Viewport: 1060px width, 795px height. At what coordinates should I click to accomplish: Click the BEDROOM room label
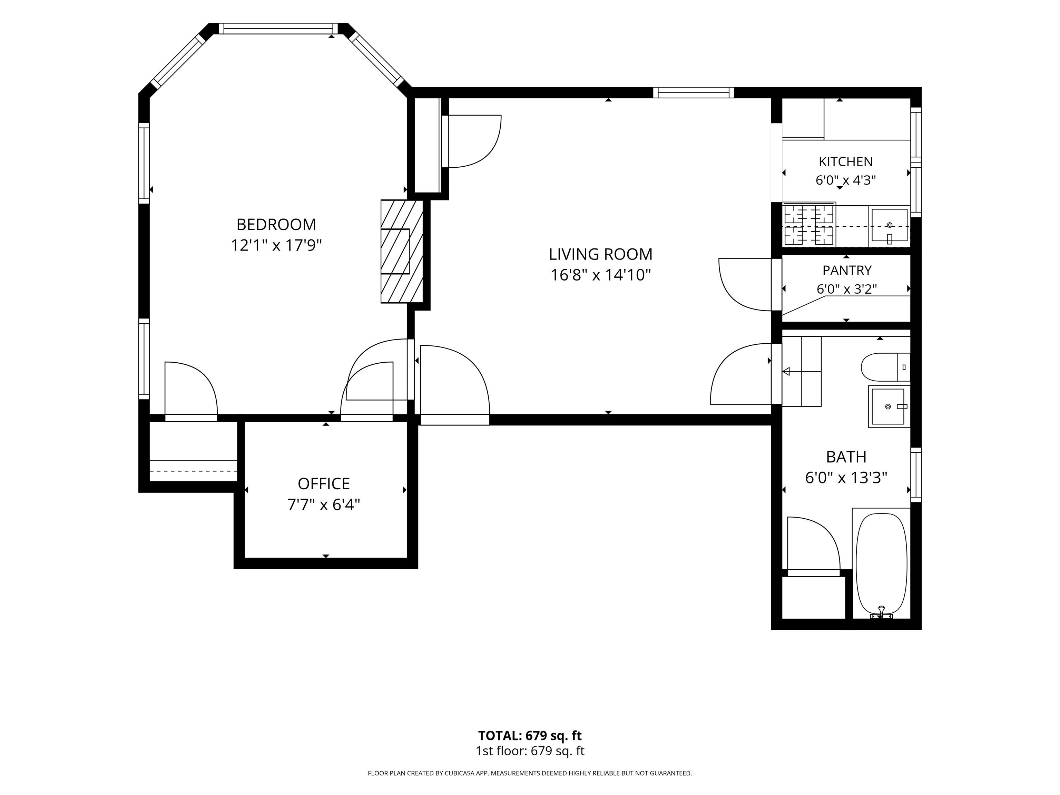[276, 224]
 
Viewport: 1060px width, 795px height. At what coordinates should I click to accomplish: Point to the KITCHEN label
[845, 161]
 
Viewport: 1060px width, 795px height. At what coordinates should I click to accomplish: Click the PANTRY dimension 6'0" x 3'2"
[847, 289]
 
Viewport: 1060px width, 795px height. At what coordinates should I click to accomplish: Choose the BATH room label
[846, 457]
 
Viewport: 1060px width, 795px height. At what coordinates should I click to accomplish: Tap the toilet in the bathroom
[885, 367]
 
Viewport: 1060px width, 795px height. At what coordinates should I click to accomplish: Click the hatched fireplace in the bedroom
[402, 251]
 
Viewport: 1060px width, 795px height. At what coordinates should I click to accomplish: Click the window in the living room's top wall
[694, 92]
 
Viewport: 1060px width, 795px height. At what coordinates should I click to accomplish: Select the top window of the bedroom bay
[278, 28]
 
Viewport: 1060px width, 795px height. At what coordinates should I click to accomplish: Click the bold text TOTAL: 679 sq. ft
[530, 736]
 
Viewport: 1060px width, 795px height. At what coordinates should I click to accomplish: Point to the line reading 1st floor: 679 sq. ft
[530, 751]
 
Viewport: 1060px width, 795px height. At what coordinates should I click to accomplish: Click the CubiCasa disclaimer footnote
[530, 773]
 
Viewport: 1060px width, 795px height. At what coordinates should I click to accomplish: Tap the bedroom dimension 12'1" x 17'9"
[276, 245]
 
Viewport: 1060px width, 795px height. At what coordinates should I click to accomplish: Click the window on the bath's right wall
[916, 475]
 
